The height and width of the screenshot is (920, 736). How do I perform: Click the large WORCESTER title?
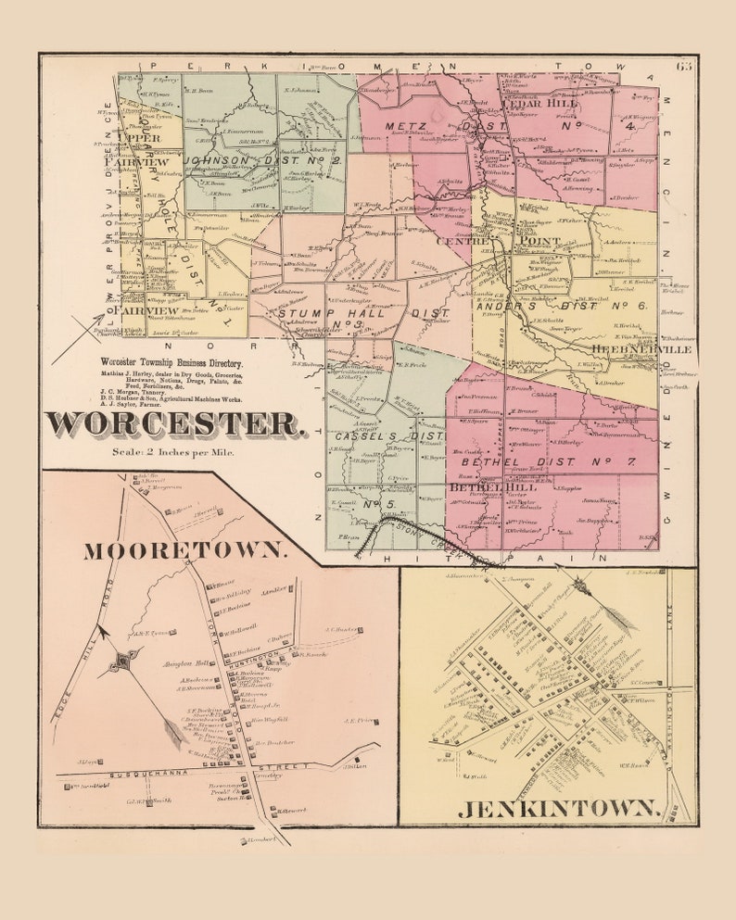pyautogui.click(x=174, y=424)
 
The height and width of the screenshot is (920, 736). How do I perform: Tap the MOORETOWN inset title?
pyautogui.click(x=184, y=550)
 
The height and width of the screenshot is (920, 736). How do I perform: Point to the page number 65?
pyautogui.click(x=684, y=65)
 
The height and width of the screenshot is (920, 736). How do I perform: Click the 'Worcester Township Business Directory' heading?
pyautogui.click(x=172, y=364)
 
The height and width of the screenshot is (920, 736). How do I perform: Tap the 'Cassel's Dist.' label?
pyautogui.click(x=389, y=435)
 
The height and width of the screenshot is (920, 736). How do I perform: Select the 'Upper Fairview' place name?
pyautogui.click(x=141, y=149)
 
